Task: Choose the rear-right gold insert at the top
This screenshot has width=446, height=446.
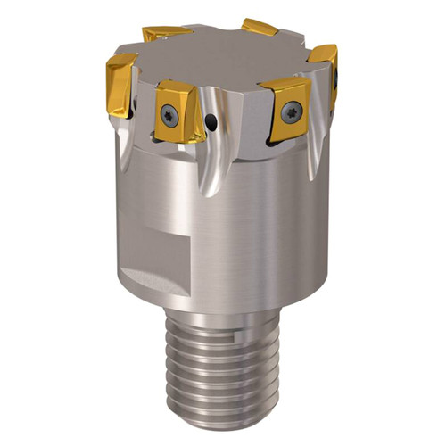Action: pos(260,27)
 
